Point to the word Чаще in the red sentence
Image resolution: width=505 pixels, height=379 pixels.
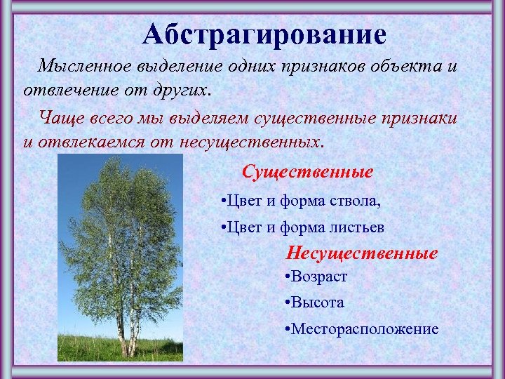pyautogui.click(x=59, y=117)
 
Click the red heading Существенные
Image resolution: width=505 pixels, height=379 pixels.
pyautogui.click(x=307, y=171)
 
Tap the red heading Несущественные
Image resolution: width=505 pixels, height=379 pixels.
pyautogui.click(x=362, y=253)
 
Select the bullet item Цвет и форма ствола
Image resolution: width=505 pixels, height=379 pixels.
pyautogui.click(x=301, y=202)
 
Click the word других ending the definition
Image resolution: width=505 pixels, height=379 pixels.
pyautogui.click(x=182, y=91)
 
